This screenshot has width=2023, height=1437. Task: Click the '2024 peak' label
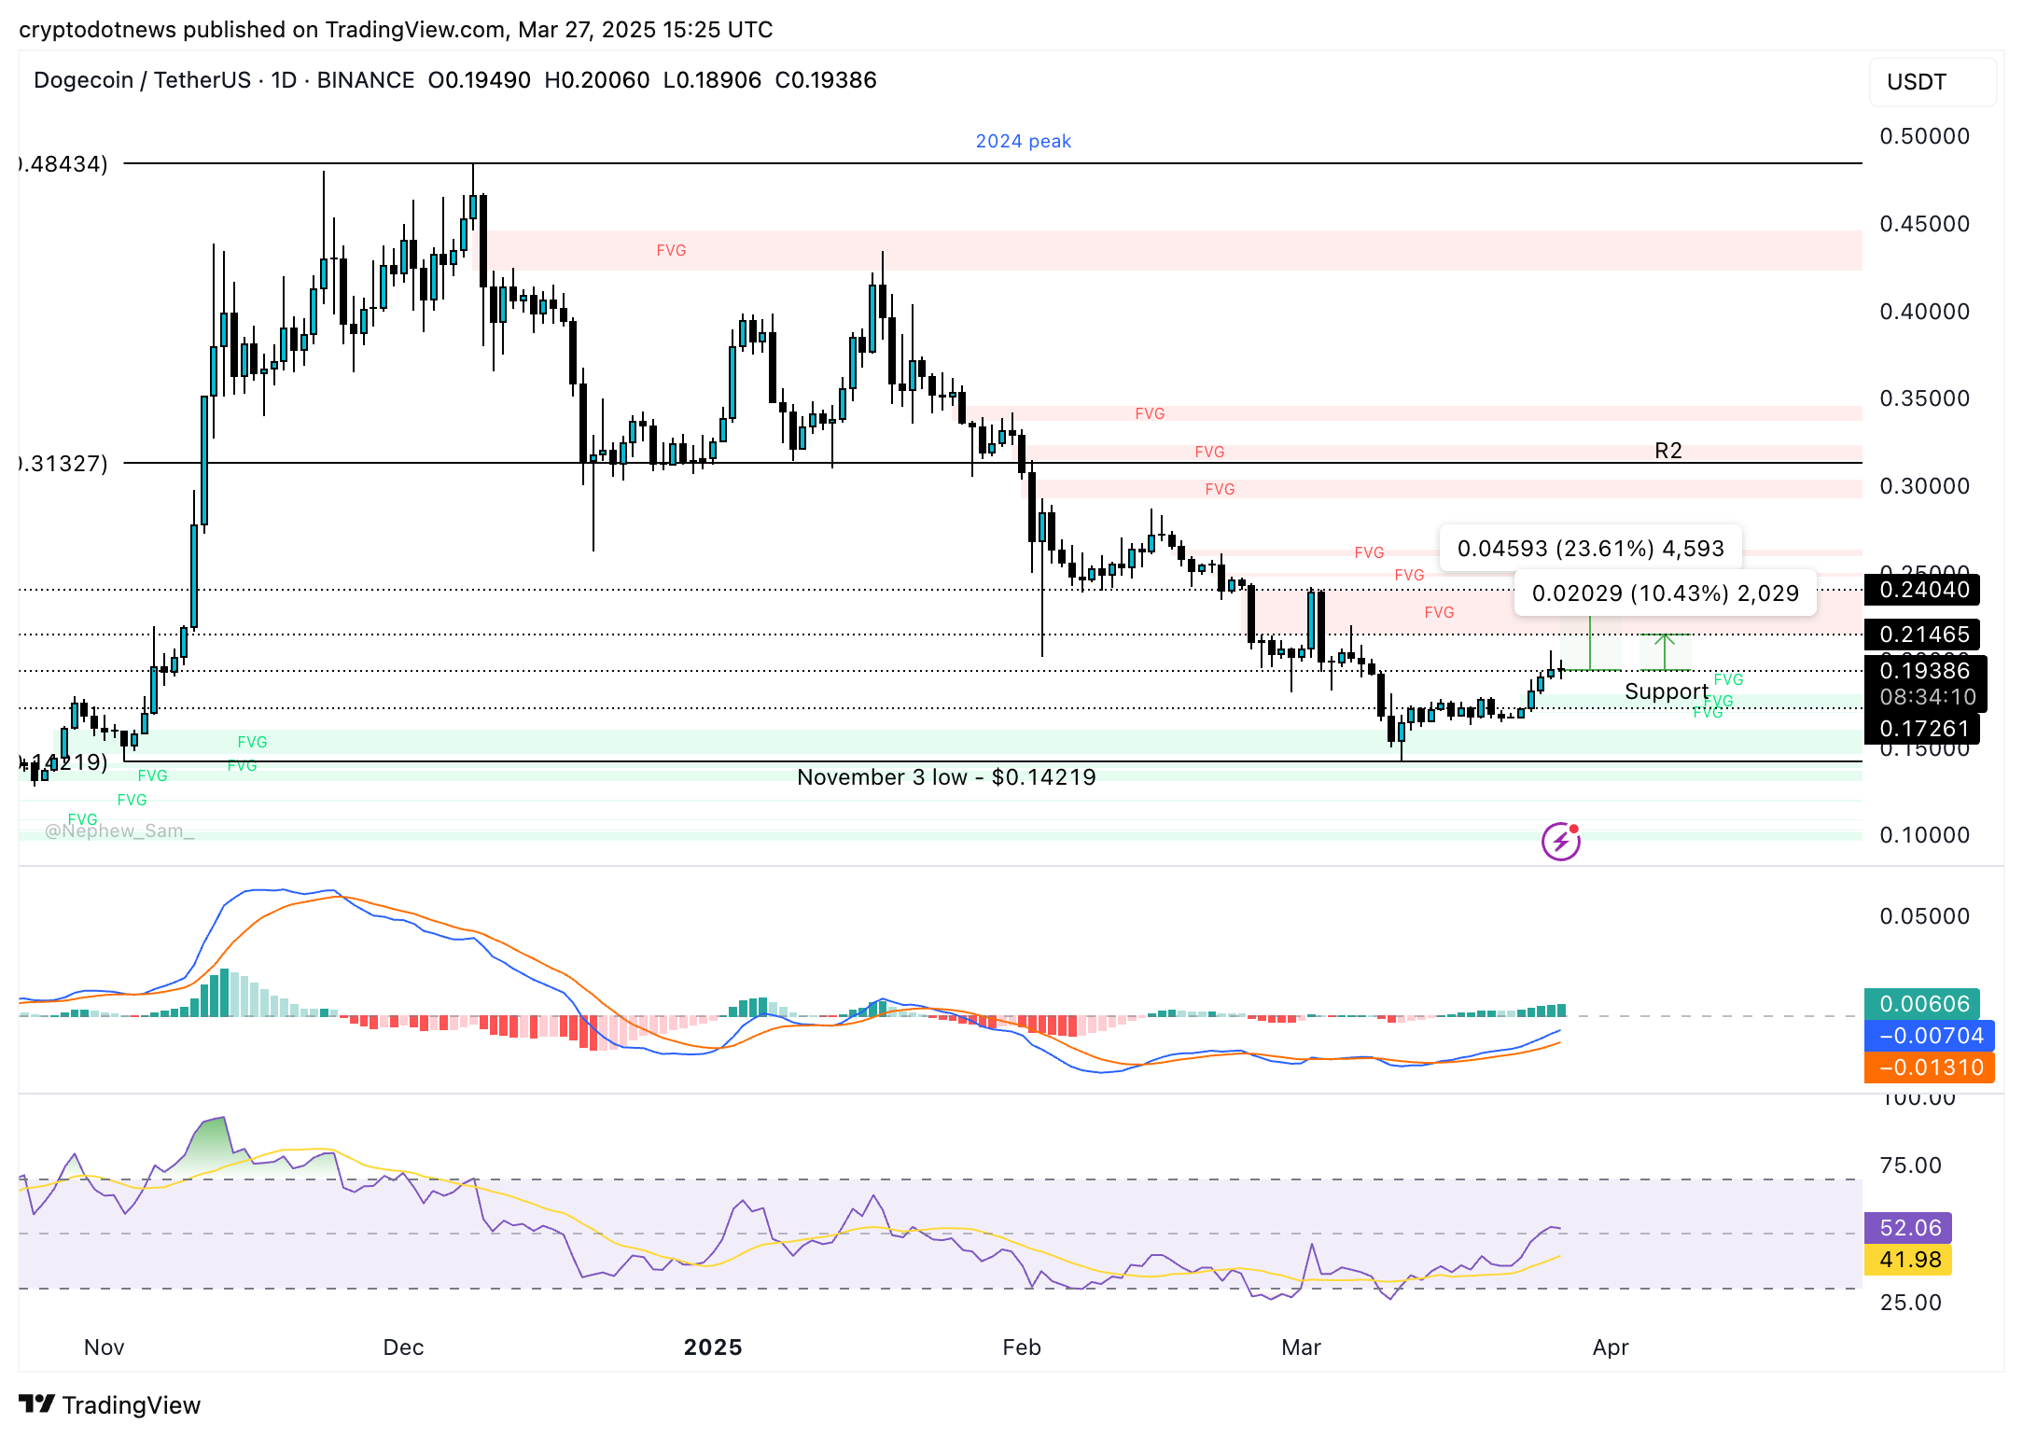pyautogui.click(x=1023, y=141)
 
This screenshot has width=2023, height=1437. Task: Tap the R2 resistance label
pyautogui.click(x=1667, y=451)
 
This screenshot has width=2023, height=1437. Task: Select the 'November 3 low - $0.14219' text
pyautogui.click(x=946, y=777)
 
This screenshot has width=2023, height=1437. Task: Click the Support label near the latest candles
pyautogui.click(x=1666, y=691)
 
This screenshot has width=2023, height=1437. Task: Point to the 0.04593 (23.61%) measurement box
pyautogui.click(x=1590, y=549)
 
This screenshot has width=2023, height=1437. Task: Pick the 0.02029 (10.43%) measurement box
pyautogui.click(x=1665, y=593)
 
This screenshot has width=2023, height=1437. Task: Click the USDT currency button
pyautogui.click(x=1932, y=82)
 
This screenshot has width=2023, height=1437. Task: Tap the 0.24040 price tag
pyautogui.click(x=1924, y=590)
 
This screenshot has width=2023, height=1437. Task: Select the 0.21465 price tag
pyautogui.click(x=1924, y=635)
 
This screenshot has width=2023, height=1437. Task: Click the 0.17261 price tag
pyautogui.click(x=1924, y=729)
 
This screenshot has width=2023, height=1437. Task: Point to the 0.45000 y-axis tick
pyautogui.click(x=1924, y=224)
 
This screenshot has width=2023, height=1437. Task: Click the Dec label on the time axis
pyautogui.click(x=403, y=1347)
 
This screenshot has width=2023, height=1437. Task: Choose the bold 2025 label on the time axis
pyautogui.click(x=713, y=1347)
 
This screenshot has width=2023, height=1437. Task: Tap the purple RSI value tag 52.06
pyautogui.click(x=1909, y=1228)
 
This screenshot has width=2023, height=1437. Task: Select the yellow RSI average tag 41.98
pyautogui.click(x=1909, y=1260)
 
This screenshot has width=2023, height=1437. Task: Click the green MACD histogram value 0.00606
pyautogui.click(x=1924, y=1004)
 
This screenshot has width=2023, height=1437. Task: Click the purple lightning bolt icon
pyautogui.click(x=1561, y=842)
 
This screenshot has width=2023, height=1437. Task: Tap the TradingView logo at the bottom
pyautogui.click(x=110, y=1405)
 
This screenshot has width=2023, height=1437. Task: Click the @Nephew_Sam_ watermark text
pyautogui.click(x=119, y=831)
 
